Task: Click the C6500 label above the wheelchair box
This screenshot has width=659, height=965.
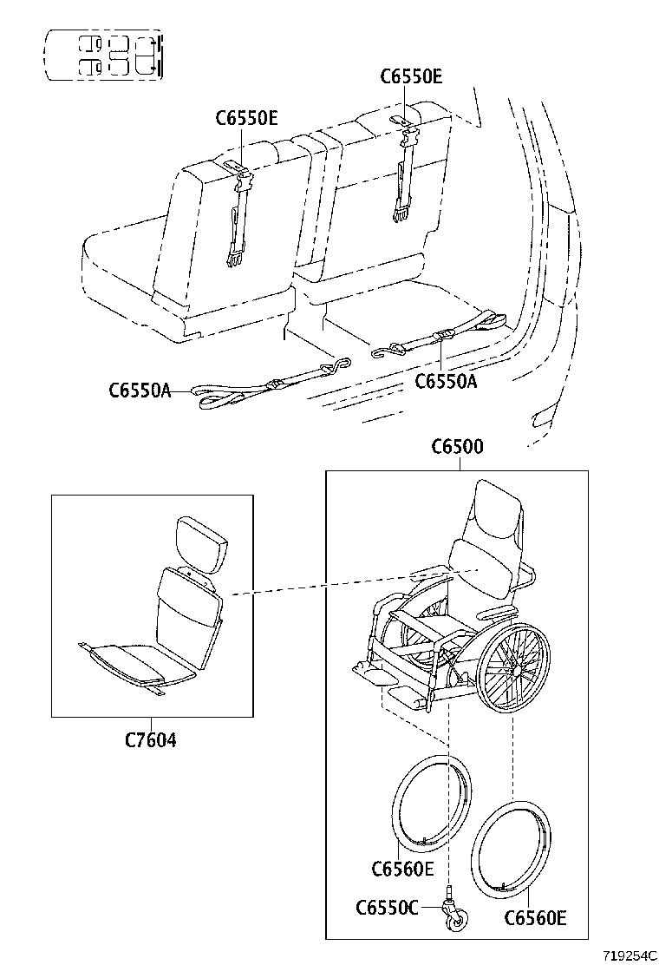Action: click(x=457, y=447)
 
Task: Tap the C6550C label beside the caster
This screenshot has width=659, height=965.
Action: click(x=386, y=907)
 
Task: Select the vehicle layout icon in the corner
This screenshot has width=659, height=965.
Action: click(x=104, y=55)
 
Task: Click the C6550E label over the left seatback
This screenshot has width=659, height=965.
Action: click(x=246, y=119)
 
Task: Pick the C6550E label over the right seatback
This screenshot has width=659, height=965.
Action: click(x=411, y=76)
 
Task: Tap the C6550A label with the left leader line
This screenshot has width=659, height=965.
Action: click(x=140, y=391)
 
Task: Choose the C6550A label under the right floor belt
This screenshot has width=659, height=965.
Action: click(x=446, y=380)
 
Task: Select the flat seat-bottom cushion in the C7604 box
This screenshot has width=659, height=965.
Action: click(x=130, y=664)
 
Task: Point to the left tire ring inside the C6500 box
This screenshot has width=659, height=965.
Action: click(x=434, y=803)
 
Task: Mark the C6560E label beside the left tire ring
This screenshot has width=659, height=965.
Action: click(x=401, y=868)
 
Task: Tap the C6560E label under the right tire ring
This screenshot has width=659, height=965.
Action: click(x=535, y=918)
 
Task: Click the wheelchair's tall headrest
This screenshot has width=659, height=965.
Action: click(x=498, y=516)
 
